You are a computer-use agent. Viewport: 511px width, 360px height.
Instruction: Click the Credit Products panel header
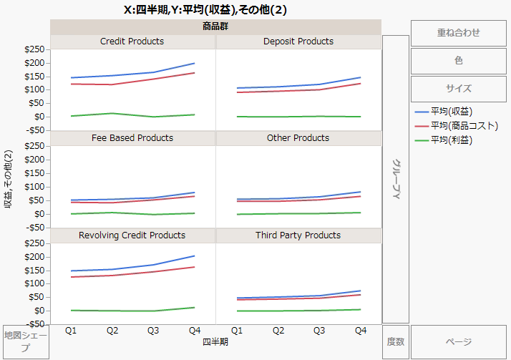(132, 42)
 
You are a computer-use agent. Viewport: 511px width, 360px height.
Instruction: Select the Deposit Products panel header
(298, 42)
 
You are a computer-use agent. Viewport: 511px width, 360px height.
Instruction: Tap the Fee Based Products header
(132, 137)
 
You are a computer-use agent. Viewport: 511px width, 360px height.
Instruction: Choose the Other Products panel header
(298, 137)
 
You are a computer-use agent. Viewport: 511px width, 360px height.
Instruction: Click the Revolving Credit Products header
(132, 235)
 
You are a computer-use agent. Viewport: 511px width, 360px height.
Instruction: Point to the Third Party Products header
(298, 235)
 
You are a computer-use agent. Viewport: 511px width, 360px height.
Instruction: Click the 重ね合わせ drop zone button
(458, 32)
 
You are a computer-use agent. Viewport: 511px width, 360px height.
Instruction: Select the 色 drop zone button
(458, 61)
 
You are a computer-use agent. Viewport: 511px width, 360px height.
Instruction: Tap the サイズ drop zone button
(458, 89)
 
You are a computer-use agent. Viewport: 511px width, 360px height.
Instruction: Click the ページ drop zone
(458, 342)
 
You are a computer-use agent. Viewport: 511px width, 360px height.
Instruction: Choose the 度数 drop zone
(396, 342)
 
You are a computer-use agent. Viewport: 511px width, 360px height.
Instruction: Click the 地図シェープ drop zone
(26, 342)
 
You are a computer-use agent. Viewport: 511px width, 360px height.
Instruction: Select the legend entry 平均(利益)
(452, 140)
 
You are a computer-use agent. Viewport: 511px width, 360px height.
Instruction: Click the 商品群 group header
(215, 27)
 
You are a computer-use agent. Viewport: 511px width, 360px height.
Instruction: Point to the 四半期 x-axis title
(215, 342)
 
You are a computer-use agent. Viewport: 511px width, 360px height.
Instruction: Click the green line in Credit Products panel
(112, 113)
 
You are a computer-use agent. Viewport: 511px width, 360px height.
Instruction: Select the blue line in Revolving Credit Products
(153, 265)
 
